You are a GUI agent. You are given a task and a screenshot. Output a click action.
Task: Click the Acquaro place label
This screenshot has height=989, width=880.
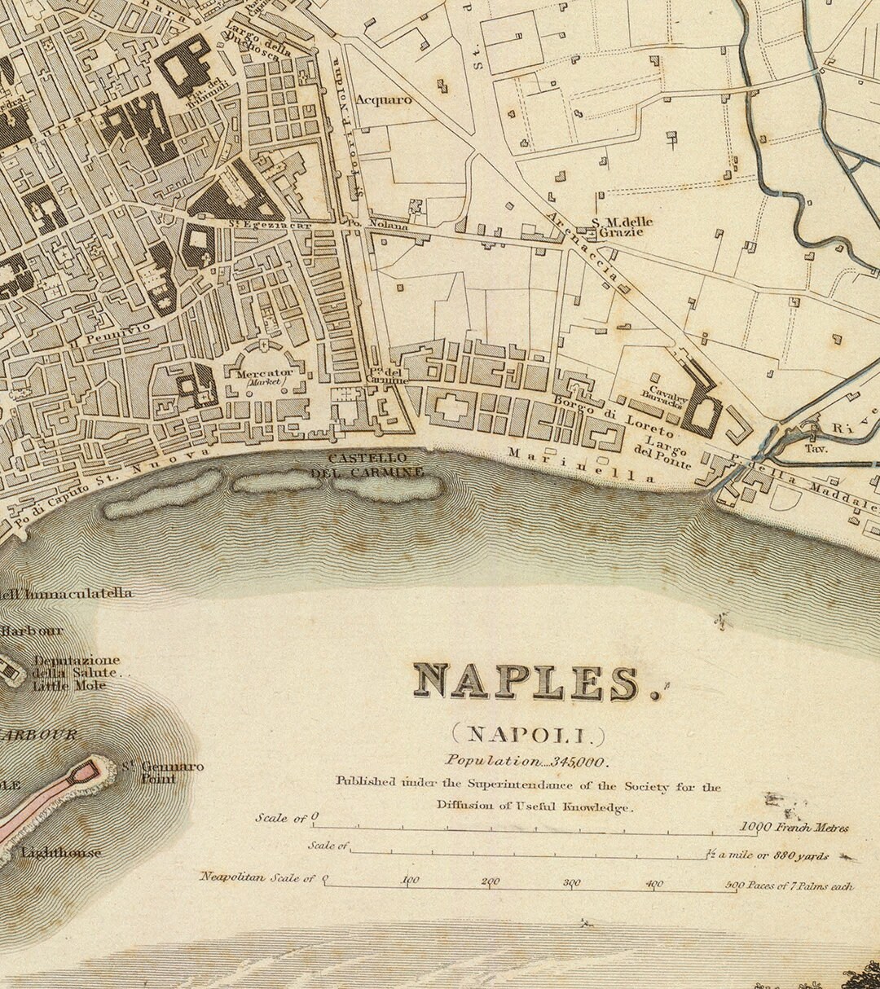(x=385, y=99)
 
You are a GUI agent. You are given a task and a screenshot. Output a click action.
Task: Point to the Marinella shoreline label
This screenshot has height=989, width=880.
(x=581, y=465)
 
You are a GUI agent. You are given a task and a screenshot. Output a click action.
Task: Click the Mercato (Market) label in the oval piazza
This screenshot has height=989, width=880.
(x=264, y=376)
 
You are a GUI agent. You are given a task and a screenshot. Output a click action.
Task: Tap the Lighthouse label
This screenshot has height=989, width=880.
(x=62, y=853)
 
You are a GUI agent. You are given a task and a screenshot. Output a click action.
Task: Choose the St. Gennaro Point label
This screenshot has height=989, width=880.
(x=163, y=771)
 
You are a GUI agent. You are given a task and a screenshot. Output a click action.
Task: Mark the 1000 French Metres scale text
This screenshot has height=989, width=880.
(x=794, y=828)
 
